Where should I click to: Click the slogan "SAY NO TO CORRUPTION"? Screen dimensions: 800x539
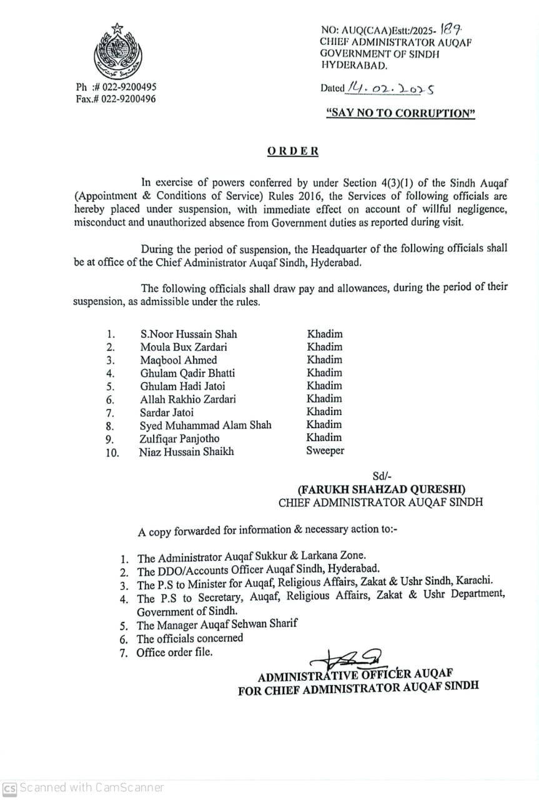point(401,113)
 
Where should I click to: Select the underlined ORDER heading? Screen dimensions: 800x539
point(293,151)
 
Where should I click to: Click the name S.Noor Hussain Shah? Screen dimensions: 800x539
point(189,334)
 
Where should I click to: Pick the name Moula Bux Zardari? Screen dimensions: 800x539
point(184,347)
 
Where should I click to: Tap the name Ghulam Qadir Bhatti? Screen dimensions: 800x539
point(187,373)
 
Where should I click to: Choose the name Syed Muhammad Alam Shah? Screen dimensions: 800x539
point(205,425)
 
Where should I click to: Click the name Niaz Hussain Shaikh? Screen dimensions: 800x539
point(186,451)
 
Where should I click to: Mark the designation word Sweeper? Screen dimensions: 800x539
point(325,451)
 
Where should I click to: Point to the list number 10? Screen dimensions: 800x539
point(112,452)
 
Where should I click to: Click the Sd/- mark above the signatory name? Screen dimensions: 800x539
point(381,476)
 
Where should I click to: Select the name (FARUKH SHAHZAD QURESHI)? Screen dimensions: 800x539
point(381,489)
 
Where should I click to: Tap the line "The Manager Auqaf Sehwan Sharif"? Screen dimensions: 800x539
point(217,624)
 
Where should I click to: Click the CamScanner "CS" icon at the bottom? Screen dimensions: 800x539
point(9,787)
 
